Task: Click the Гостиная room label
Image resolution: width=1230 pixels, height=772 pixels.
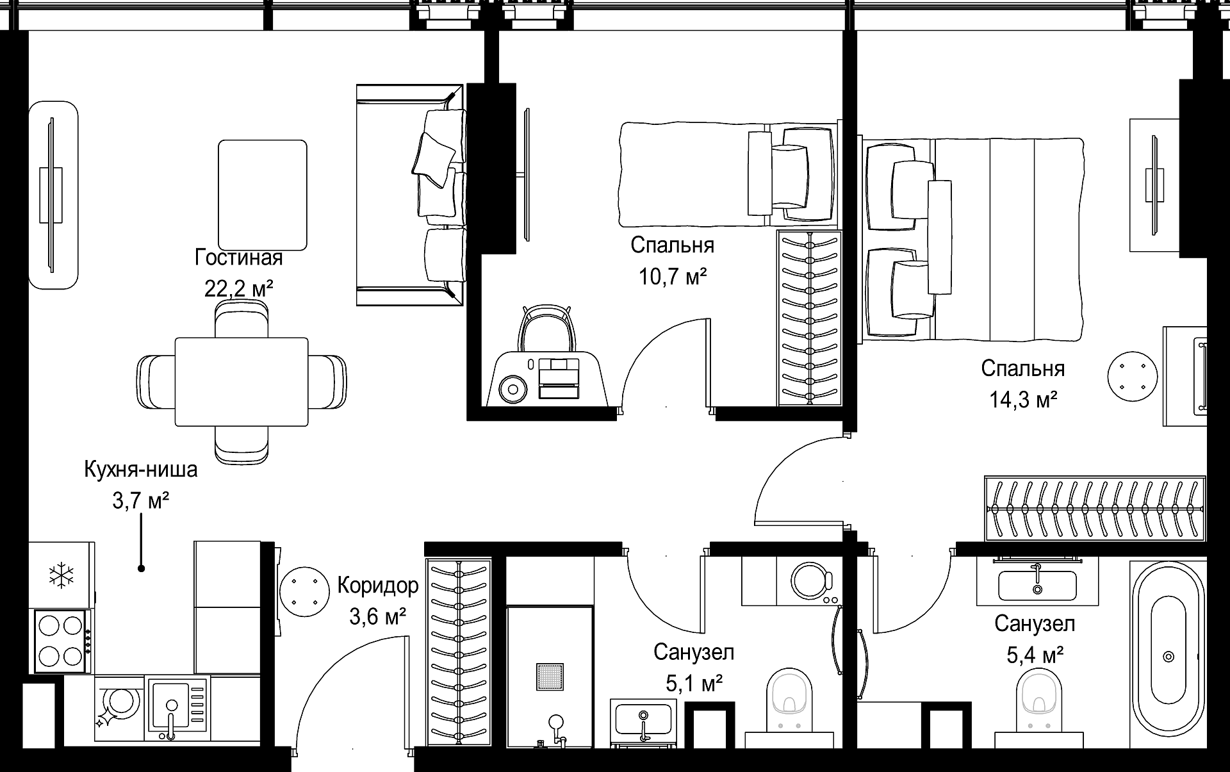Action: click(x=238, y=258)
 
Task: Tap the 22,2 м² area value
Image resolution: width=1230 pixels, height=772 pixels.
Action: click(x=238, y=289)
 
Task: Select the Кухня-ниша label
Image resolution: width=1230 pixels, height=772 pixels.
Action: click(x=141, y=470)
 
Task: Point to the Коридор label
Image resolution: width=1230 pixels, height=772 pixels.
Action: click(x=378, y=585)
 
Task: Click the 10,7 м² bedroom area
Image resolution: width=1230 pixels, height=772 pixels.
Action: click(x=673, y=276)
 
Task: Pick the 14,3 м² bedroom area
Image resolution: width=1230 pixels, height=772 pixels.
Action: click(x=1023, y=400)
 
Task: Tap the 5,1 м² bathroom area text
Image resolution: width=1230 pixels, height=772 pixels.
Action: click(x=694, y=684)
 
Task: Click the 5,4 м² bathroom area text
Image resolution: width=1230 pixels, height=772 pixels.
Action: click(x=1035, y=655)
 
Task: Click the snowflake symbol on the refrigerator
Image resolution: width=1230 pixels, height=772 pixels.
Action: click(x=61, y=575)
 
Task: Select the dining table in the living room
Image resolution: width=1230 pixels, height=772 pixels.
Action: click(x=242, y=382)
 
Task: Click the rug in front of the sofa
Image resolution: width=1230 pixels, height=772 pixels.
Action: click(x=262, y=195)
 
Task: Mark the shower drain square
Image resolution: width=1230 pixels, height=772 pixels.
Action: click(x=550, y=677)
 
